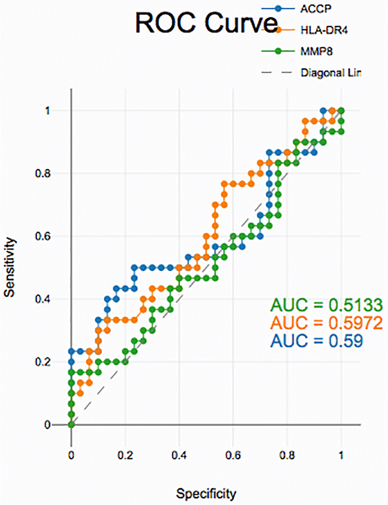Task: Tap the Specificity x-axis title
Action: click(x=206, y=494)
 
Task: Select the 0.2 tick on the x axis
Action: click(x=125, y=456)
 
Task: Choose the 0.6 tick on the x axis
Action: click(x=233, y=456)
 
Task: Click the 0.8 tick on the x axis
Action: click(x=287, y=456)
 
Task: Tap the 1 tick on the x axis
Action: click(x=341, y=456)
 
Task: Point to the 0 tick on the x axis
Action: click(x=71, y=456)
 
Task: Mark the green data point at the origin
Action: click(x=71, y=425)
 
